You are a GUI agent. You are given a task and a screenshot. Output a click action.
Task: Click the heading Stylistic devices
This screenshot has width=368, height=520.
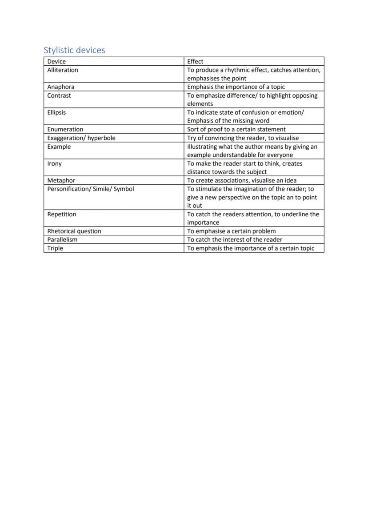(x=74, y=50)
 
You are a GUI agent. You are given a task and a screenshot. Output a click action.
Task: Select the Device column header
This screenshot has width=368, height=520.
(x=56, y=62)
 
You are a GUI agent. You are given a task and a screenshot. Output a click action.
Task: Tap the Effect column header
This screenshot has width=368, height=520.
(x=195, y=62)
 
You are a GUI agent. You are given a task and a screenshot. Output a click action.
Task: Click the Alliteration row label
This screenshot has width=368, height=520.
(x=63, y=70)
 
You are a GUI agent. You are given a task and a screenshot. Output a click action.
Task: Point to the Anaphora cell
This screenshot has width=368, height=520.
(x=61, y=87)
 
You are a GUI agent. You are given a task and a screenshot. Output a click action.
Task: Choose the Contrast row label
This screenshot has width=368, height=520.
(x=59, y=95)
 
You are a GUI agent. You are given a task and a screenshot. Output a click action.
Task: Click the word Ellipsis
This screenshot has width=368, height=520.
(x=56, y=112)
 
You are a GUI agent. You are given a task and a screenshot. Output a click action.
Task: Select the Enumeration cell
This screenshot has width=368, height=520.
(x=65, y=130)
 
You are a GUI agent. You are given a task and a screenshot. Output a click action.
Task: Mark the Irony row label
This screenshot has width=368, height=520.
(x=55, y=164)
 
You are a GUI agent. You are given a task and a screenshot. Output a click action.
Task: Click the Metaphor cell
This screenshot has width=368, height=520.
(x=61, y=181)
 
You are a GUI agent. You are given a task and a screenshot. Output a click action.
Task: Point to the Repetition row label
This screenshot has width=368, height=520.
(x=62, y=214)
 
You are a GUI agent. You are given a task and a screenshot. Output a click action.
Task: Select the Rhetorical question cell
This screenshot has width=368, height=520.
(x=74, y=231)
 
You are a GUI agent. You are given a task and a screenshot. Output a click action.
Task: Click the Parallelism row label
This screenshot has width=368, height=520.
(x=62, y=240)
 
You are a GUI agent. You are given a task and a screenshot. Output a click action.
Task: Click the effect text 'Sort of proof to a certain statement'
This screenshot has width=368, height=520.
(x=236, y=130)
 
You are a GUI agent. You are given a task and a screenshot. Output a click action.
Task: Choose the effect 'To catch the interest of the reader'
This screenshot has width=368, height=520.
(x=234, y=240)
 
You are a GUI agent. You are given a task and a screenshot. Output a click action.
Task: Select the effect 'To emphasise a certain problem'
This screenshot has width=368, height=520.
(x=231, y=231)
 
